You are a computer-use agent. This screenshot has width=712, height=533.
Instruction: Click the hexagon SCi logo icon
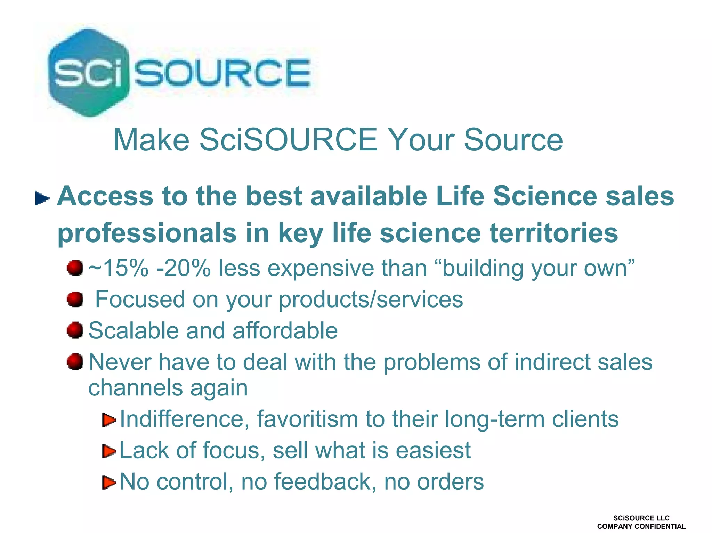tap(89, 72)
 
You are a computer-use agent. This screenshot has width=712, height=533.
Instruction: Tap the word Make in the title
tap(151, 140)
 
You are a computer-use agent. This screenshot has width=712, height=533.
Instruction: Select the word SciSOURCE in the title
tap(288, 140)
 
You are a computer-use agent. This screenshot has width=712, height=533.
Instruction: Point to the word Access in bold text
tap(105, 196)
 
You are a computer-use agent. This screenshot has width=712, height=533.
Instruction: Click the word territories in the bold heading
tap(553, 233)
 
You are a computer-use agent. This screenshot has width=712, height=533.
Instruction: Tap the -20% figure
tap(184, 268)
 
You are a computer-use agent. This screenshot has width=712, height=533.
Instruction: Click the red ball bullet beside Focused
tap(75, 299)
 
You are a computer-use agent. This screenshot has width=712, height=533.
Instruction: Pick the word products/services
tap(371, 300)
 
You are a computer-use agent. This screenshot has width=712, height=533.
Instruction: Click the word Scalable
tap(133, 330)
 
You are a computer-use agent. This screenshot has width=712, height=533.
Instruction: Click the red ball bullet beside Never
tap(75, 362)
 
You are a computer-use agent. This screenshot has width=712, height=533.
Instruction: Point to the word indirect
tap(552, 362)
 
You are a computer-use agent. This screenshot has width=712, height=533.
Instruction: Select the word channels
tap(135, 387)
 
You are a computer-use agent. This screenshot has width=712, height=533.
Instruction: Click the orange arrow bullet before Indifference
tap(109, 420)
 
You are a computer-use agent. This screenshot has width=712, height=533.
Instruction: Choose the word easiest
tap(433, 450)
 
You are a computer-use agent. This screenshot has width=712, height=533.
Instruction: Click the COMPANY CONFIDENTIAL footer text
tap(641, 526)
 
